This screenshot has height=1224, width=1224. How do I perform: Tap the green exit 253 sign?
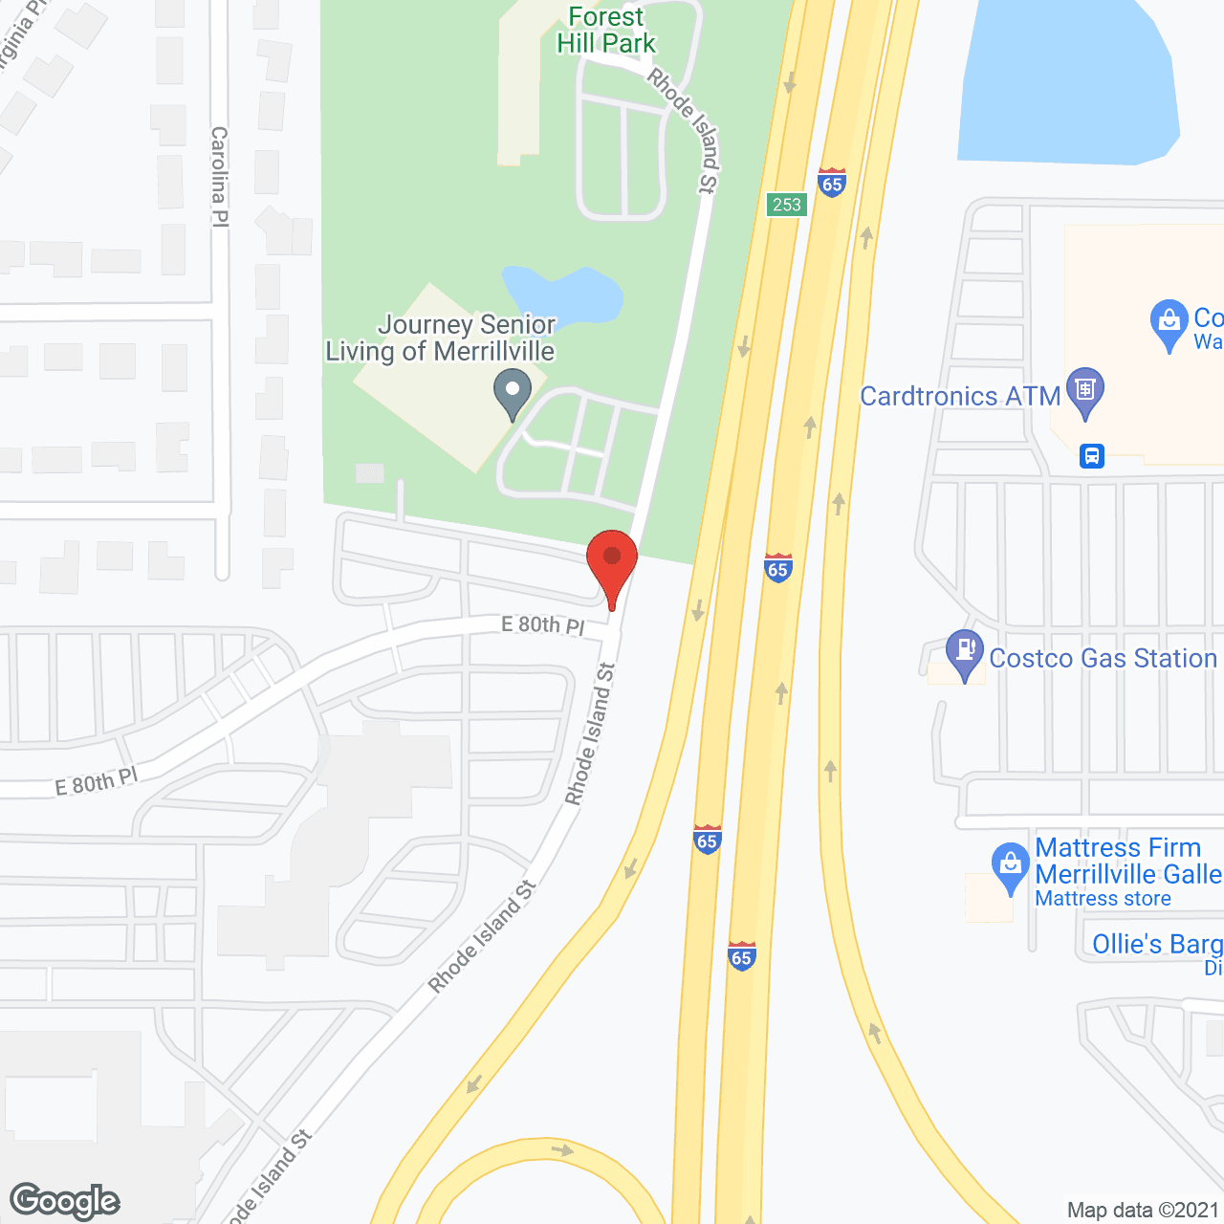(x=787, y=205)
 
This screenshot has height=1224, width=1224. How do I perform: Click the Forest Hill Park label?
(x=606, y=31)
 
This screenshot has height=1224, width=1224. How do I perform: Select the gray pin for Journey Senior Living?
(x=513, y=392)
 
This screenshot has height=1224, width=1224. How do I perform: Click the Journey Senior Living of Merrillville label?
(x=440, y=339)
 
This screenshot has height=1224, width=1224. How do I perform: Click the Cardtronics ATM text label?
(x=960, y=396)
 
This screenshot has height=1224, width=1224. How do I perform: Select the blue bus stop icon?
(x=1092, y=456)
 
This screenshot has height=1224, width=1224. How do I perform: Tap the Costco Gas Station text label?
(x=1103, y=659)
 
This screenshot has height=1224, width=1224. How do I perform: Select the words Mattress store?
(x=1103, y=899)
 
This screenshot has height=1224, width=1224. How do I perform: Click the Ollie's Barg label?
(x=1157, y=945)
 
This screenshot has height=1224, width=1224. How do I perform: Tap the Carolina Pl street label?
(x=220, y=177)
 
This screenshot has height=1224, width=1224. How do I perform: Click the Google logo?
(x=65, y=1201)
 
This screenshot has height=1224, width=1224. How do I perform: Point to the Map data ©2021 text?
(x=1143, y=1211)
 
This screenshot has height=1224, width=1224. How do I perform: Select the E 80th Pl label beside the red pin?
(x=542, y=625)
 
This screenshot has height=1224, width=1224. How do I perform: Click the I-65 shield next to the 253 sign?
(x=832, y=183)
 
